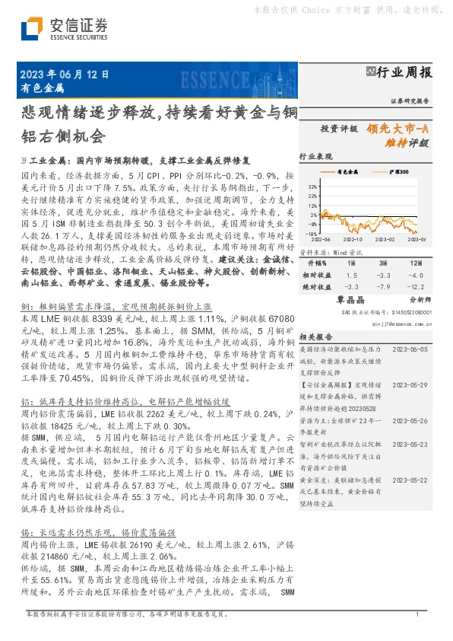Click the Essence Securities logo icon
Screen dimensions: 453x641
tap(31, 28)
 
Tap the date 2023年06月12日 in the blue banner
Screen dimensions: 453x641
tap(62, 75)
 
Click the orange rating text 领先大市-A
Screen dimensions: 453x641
tap(401, 129)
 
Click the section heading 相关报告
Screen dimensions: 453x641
tap(313, 336)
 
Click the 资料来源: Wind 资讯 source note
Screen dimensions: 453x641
tap(328, 250)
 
